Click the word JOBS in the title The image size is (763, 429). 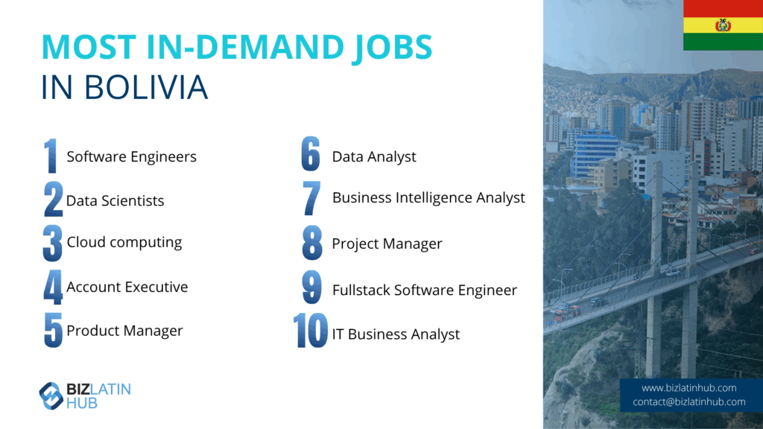coord(392,48)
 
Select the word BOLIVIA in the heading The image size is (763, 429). coord(146,88)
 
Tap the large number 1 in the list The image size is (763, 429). coord(51,156)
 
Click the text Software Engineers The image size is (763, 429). coord(131,156)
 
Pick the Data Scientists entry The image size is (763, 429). coord(115,200)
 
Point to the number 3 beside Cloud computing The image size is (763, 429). coord(53,243)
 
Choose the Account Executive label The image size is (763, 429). coord(127,287)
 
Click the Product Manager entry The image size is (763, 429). coord(124,331)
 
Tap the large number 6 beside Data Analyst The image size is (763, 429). coord(311,153)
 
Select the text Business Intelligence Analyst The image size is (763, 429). coord(428,198)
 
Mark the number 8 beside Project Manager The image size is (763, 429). coord(312,243)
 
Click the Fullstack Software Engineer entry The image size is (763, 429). coord(424,290)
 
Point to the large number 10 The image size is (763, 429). coord(311,331)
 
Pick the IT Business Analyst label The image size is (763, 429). coord(396,334)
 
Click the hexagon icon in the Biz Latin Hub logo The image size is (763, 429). coord(51,395)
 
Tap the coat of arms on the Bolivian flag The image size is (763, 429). coord(723,25)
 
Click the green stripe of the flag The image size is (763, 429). coord(723,42)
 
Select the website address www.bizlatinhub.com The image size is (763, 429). coord(689,387)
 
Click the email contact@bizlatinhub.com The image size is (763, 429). coord(689,401)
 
